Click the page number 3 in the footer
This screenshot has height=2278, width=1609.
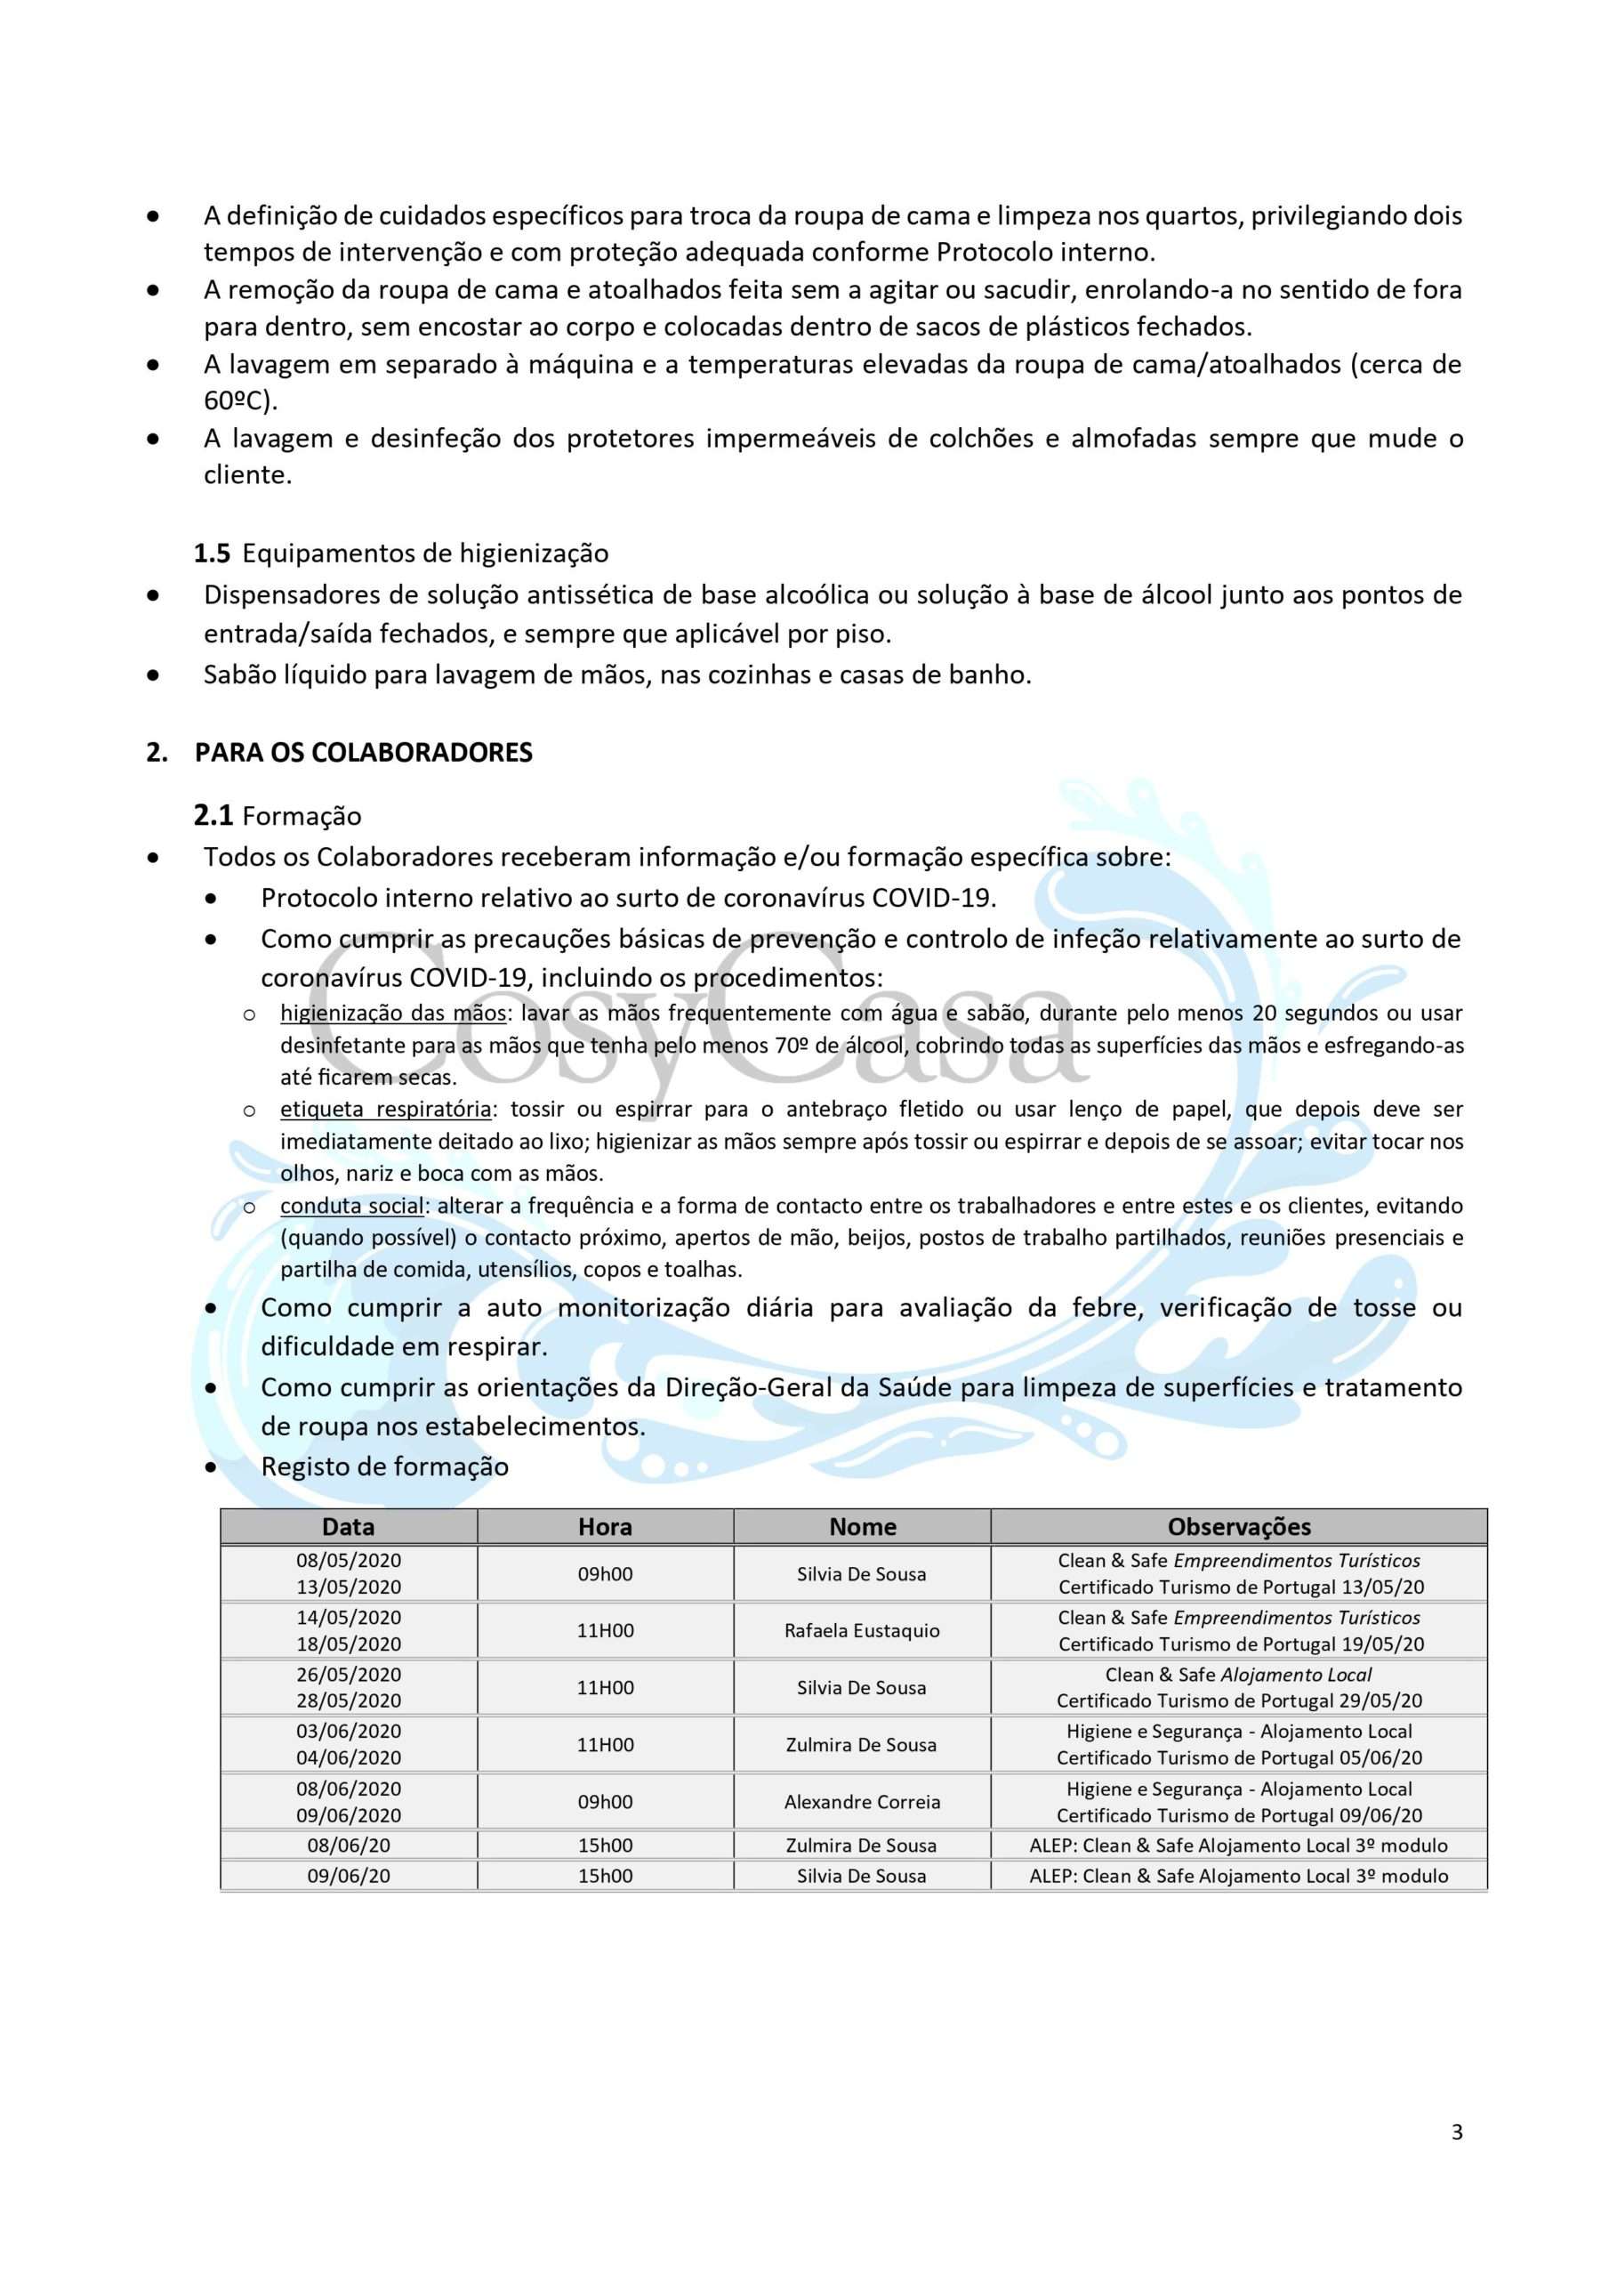pyautogui.click(x=1456, y=2159)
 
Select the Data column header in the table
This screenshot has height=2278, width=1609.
pyautogui.click(x=348, y=1527)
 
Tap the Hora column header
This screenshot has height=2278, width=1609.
pyautogui.click(x=605, y=1527)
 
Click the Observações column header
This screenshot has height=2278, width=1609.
pyautogui.click(x=1239, y=1527)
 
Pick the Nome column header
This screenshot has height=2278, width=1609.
pyautogui.click(x=862, y=1527)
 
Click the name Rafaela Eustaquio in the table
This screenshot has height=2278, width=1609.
pyautogui.click(x=862, y=1630)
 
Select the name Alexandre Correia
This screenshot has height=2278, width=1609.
pyautogui.click(x=862, y=1802)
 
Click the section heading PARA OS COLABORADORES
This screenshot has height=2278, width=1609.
pyautogui.click(x=363, y=752)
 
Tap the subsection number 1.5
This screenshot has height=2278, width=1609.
pyautogui.click(x=212, y=553)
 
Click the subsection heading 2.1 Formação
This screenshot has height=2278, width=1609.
pyautogui.click(x=278, y=816)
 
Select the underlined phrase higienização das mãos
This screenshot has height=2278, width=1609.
pyautogui.click(x=393, y=1013)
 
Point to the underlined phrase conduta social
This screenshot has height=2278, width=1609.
pyautogui.click(x=352, y=1206)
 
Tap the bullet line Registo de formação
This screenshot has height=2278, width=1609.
pyautogui.click(x=385, y=1466)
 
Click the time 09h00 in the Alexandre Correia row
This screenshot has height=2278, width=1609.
pyautogui.click(x=605, y=1802)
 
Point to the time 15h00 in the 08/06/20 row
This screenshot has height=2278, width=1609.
pyautogui.click(x=605, y=1846)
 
